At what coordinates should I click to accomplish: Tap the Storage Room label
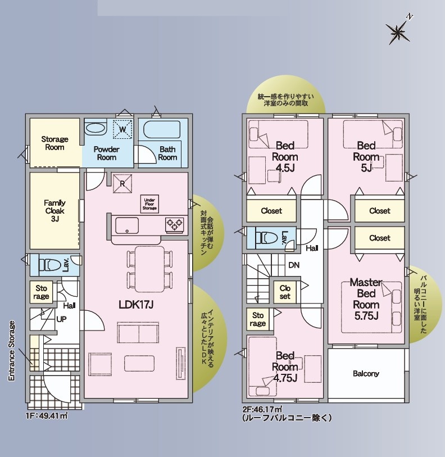(x=55, y=143)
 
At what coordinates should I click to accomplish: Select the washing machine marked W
(x=122, y=129)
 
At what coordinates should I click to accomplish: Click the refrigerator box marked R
(x=122, y=184)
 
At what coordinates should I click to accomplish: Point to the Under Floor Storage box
(x=149, y=203)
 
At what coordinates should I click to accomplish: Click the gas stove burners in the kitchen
(x=175, y=225)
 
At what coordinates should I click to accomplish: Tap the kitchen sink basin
(x=127, y=225)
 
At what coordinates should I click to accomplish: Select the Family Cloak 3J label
(x=55, y=210)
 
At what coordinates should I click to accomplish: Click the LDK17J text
(x=136, y=305)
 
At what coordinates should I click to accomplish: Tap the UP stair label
(x=61, y=319)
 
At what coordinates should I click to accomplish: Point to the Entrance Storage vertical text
(x=11, y=351)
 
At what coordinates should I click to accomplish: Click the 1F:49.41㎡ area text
(x=47, y=415)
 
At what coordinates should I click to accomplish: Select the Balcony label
(x=366, y=374)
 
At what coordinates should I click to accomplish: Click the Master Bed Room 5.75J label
(x=366, y=299)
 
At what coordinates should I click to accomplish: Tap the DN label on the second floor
(x=294, y=265)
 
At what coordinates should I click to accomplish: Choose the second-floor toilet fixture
(x=266, y=238)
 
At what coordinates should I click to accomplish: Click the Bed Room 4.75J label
(x=285, y=367)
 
